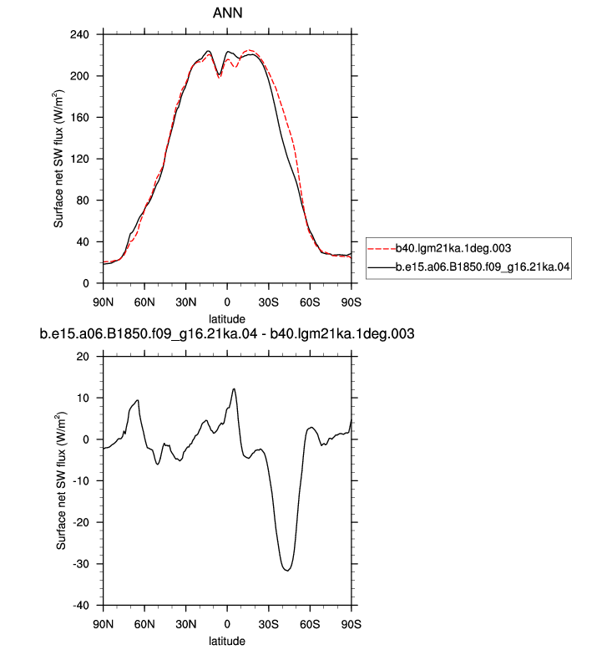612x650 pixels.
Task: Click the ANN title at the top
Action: pyautogui.click(x=227, y=13)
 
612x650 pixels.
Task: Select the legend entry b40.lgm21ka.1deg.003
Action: pyautogui.click(x=453, y=248)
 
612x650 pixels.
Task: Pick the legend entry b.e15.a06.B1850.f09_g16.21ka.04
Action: pyautogui.click(x=483, y=267)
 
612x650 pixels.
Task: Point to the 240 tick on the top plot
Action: pyautogui.click(x=79, y=34)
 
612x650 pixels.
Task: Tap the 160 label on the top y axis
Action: pyautogui.click(x=79, y=117)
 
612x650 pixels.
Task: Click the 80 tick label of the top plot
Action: pyautogui.click(x=83, y=201)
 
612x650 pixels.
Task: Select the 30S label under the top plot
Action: pyautogui.click(x=269, y=302)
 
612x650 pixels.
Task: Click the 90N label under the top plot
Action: pyautogui.click(x=104, y=302)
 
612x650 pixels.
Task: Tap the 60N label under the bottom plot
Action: pyautogui.click(x=144, y=624)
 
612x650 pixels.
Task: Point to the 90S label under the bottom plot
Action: pyautogui.click(x=352, y=624)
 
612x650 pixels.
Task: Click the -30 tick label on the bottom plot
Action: pyautogui.click(x=81, y=564)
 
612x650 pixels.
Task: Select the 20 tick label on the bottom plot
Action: pyautogui.click(x=83, y=357)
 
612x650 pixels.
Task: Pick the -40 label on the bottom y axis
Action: pyautogui.click(x=81, y=605)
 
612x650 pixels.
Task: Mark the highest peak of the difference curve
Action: pyautogui.click(x=234, y=388)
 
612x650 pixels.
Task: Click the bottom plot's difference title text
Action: pyautogui.click(x=226, y=333)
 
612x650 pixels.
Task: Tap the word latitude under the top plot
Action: pyautogui.click(x=226, y=319)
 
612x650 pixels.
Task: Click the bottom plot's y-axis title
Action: pyautogui.click(x=61, y=481)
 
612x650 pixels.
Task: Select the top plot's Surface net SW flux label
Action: pyautogui.click(x=58, y=159)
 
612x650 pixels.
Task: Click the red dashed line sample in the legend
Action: pyautogui.click(x=382, y=249)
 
